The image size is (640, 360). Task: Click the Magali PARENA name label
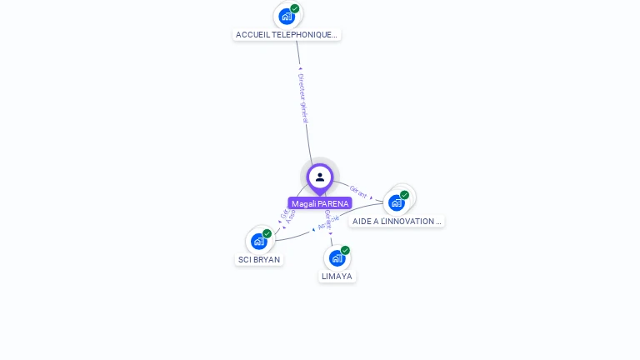click(x=320, y=203)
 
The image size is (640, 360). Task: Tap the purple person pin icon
click(x=320, y=177)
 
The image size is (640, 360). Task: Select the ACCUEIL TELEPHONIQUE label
click(x=287, y=35)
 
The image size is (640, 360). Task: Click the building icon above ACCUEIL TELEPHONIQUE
click(x=287, y=16)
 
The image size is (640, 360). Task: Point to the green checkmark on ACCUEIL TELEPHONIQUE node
click(x=295, y=8)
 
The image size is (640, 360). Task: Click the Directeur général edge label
click(x=303, y=97)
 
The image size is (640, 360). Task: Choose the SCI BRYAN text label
click(x=259, y=259)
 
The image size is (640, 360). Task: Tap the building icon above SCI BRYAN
click(x=259, y=241)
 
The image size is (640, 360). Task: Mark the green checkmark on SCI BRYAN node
click(x=267, y=234)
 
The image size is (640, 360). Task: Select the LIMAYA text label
click(x=337, y=276)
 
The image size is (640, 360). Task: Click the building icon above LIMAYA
click(x=337, y=257)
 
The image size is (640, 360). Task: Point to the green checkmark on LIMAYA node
click(x=345, y=250)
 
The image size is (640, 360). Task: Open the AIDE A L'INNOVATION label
click(x=397, y=222)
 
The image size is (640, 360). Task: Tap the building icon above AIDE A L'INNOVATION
click(x=397, y=202)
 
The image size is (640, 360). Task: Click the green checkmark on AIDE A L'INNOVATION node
click(x=405, y=195)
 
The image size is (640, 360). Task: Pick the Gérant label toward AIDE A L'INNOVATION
click(x=358, y=191)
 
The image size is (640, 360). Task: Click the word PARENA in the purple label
click(x=333, y=203)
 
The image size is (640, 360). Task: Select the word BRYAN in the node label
click(x=267, y=259)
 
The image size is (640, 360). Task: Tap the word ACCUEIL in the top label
click(x=251, y=35)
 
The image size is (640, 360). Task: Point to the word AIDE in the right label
click(x=362, y=222)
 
